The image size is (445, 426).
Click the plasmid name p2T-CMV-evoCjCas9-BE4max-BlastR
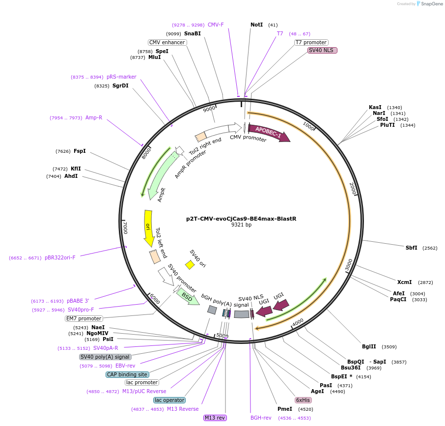point(241,219)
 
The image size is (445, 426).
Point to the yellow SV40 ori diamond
point(190,265)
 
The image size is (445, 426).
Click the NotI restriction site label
point(256,25)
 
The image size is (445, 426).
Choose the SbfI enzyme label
point(411,248)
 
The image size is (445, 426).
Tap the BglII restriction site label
point(369,346)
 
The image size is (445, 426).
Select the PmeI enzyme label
point(285,409)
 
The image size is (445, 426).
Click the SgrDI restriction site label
point(120,86)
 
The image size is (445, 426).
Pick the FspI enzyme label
point(80,151)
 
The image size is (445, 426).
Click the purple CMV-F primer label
point(216,25)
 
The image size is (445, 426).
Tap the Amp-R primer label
point(94,117)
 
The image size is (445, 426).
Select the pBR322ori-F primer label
point(60,257)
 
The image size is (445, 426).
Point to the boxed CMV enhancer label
point(167,42)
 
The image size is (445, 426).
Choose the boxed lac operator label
point(169,400)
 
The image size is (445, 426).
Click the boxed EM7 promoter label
point(84,318)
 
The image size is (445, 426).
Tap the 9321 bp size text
point(241,225)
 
